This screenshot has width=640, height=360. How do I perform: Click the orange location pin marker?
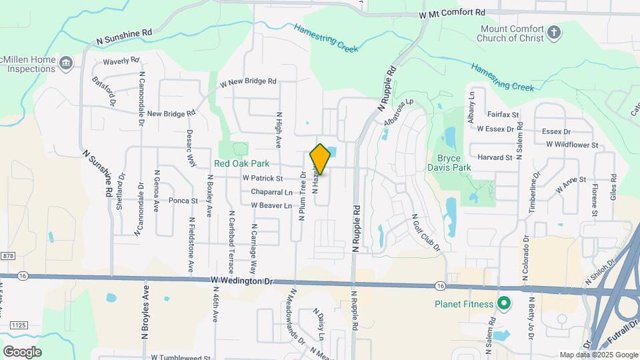[x=320, y=159]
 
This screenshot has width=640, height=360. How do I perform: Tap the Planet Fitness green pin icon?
[x=505, y=305]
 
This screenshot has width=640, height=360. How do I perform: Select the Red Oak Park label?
[x=241, y=163]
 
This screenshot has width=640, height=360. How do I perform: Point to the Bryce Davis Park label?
[x=453, y=163]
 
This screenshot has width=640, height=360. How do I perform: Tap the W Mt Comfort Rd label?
[x=452, y=13]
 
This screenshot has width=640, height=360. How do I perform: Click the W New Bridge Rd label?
[x=243, y=81]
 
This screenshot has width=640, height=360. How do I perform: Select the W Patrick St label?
[x=263, y=179]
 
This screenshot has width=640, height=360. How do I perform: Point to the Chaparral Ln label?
[x=271, y=192]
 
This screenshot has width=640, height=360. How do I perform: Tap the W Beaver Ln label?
[x=271, y=205]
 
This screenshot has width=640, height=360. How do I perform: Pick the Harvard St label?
[x=499, y=157]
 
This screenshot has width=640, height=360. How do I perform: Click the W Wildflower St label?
[x=573, y=144]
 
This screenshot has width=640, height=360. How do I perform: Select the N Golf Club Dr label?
[x=427, y=232]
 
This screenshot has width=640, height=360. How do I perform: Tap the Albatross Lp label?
[x=399, y=112]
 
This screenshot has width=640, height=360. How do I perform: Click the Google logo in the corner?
[x=22, y=352]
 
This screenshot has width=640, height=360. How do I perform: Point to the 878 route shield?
[x=8, y=256]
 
